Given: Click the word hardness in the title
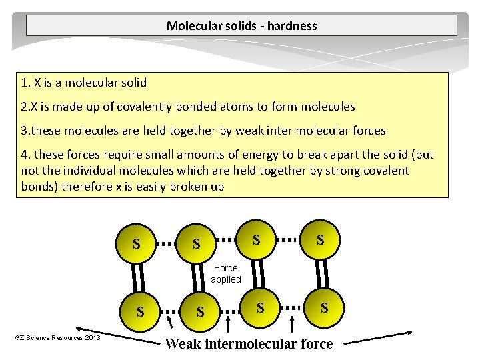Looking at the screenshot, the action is (x=292, y=26).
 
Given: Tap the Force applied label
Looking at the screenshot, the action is (x=226, y=274).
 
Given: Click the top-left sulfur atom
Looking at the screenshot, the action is (x=136, y=243).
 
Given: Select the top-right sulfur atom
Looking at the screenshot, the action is (x=320, y=239).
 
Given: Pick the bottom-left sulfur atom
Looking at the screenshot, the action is (x=140, y=311).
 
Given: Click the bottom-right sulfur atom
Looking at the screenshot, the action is (x=324, y=307).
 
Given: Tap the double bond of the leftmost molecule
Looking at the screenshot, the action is (x=138, y=277).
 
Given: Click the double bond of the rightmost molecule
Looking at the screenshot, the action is (x=322, y=274).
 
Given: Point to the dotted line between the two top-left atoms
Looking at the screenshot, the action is (x=166, y=244).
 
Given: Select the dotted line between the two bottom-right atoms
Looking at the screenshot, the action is (x=292, y=308).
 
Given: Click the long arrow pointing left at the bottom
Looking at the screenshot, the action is (x=118, y=336).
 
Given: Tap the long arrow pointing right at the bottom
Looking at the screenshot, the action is (x=378, y=337).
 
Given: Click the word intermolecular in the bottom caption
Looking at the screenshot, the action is (x=251, y=344).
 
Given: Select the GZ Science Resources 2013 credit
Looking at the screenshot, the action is (x=57, y=337).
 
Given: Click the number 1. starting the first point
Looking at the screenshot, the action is (x=26, y=83).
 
